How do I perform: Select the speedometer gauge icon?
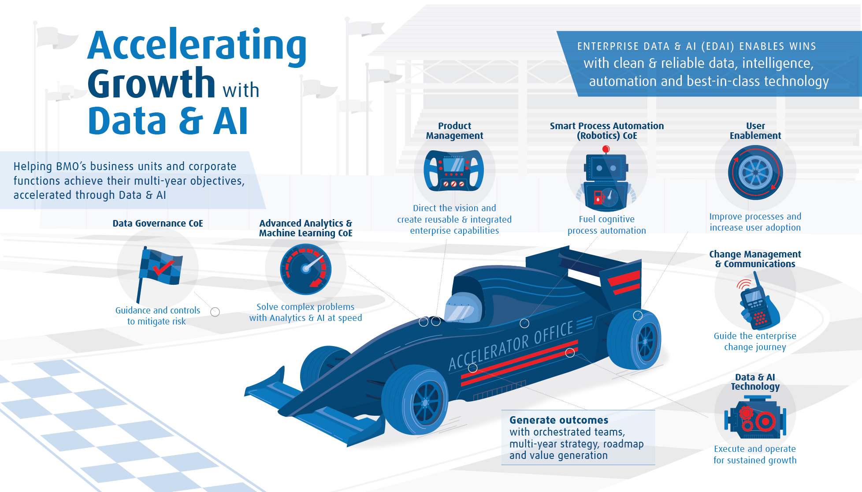point(306,269)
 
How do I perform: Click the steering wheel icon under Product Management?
point(453,171)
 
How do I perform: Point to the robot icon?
point(606,179)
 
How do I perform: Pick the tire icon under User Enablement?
point(755,172)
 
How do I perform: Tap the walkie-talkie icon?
point(759,302)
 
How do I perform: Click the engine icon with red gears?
point(755,417)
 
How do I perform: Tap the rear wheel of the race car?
point(634,339)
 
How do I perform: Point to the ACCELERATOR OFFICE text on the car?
point(511,346)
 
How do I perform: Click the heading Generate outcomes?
point(559,420)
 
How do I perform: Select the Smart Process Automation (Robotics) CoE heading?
point(607,131)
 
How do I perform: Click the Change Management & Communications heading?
point(755,259)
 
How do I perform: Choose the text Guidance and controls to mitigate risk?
point(157,316)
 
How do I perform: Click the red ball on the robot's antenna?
point(606,149)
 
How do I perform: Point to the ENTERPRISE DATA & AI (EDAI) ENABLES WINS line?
point(696,46)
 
